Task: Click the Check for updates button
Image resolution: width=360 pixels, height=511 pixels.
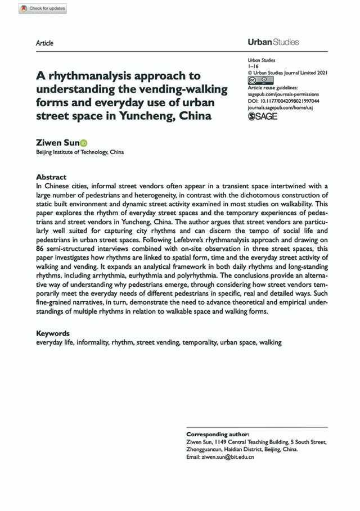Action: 43,8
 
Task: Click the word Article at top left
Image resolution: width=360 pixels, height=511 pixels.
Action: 44,43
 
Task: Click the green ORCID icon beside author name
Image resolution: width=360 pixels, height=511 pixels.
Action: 84,143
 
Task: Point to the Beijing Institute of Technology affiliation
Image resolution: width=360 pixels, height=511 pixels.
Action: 79,152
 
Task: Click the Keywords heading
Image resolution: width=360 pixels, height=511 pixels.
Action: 53,333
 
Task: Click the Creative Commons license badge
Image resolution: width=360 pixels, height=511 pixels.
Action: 256,81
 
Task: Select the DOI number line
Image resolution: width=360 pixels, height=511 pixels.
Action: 283,101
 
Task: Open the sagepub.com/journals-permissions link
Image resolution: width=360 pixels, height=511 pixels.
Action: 283,95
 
